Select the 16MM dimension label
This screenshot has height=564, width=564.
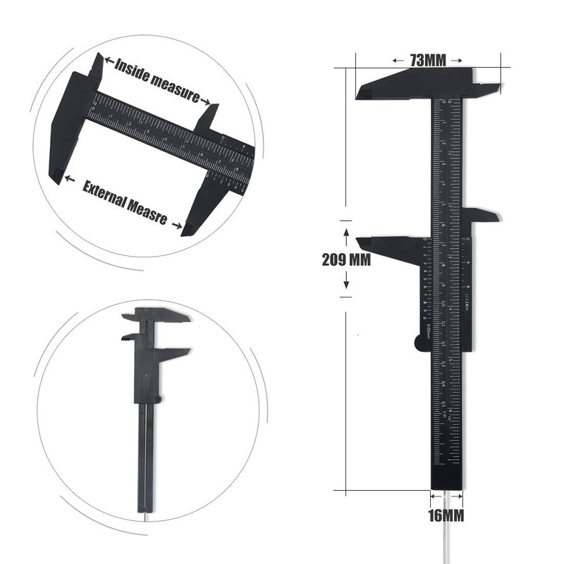coord(446,515)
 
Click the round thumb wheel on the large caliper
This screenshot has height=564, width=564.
coord(421,343)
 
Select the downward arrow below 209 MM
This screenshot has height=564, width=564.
coord(346,284)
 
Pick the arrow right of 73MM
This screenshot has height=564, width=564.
coord(457,61)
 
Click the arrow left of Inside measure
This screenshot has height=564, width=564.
coord(106,63)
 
